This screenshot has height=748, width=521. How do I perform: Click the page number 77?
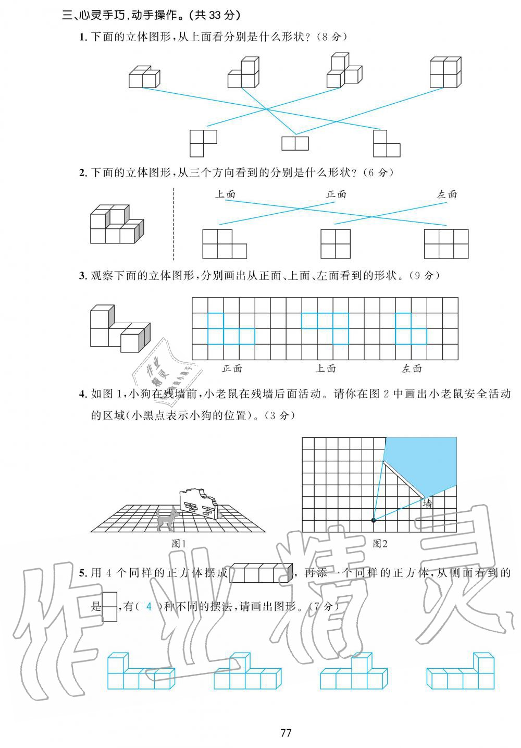(x=286, y=733)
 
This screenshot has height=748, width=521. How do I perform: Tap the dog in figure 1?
(x=167, y=519)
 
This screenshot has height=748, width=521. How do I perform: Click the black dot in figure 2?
(x=373, y=520)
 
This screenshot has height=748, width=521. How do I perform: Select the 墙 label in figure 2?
(x=427, y=504)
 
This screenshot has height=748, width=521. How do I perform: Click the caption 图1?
(x=179, y=544)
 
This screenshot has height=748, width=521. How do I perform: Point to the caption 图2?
(x=380, y=544)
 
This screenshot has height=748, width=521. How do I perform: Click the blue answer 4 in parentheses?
(x=149, y=606)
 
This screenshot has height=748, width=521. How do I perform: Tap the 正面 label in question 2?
(x=336, y=194)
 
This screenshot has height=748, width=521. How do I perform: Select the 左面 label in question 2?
(x=446, y=194)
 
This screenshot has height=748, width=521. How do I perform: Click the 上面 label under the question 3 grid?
(x=326, y=369)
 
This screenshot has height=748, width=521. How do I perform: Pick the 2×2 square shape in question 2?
(x=336, y=244)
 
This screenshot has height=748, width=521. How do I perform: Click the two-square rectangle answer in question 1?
(x=295, y=143)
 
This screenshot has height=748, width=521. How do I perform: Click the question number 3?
(x=82, y=276)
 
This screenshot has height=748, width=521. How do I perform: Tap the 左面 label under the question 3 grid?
(x=412, y=369)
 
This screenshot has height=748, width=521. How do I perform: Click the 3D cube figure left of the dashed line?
(x=116, y=225)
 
